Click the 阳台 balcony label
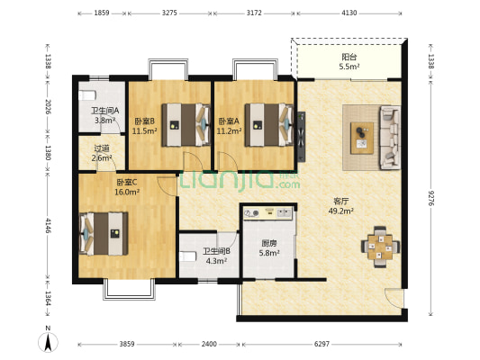pos(349,57)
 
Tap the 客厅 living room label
pos(341,202)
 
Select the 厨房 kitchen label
pos(269,244)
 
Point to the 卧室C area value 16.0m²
pos(127,192)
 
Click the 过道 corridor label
pos(102,148)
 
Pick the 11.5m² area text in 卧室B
pos(144,131)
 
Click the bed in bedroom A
pos(269,125)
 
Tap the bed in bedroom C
pos(104,234)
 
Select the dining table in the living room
pos(380,247)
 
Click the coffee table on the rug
pos(362,138)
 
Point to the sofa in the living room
pos(390,138)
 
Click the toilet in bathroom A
pos(87,95)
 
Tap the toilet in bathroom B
pos(187,256)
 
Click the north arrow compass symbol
pos(48,340)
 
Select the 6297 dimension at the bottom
pos(322,344)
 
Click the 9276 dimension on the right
pos(431,198)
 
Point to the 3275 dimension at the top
pos(169,13)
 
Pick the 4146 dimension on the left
pos(48,225)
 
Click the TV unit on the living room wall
pos(301,136)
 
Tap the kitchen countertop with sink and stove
pos(267,213)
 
